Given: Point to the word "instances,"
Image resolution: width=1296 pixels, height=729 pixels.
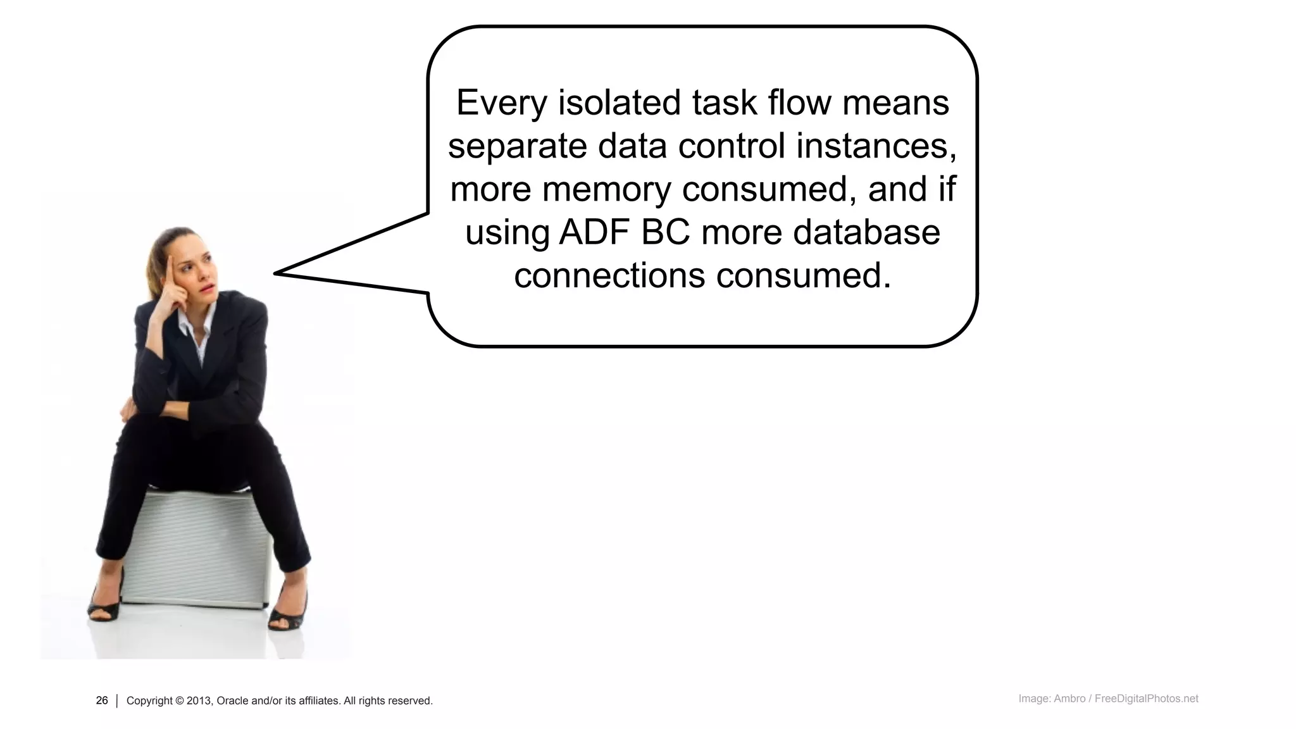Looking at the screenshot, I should coord(876,146).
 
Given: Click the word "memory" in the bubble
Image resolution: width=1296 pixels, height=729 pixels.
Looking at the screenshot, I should coord(607,189).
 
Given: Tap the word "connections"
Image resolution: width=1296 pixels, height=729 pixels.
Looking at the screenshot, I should coord(609,276).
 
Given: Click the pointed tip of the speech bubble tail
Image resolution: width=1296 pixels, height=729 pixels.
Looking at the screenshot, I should coord(276,273).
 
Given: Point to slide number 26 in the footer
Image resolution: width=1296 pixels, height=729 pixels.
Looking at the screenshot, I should coord(102,701).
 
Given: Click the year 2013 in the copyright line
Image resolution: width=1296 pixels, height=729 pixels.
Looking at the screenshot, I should coord(199,701).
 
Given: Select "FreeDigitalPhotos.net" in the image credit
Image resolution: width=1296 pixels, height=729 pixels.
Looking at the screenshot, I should coord(1146,699).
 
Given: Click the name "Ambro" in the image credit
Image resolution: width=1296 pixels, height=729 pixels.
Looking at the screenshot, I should coord(1069,699).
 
